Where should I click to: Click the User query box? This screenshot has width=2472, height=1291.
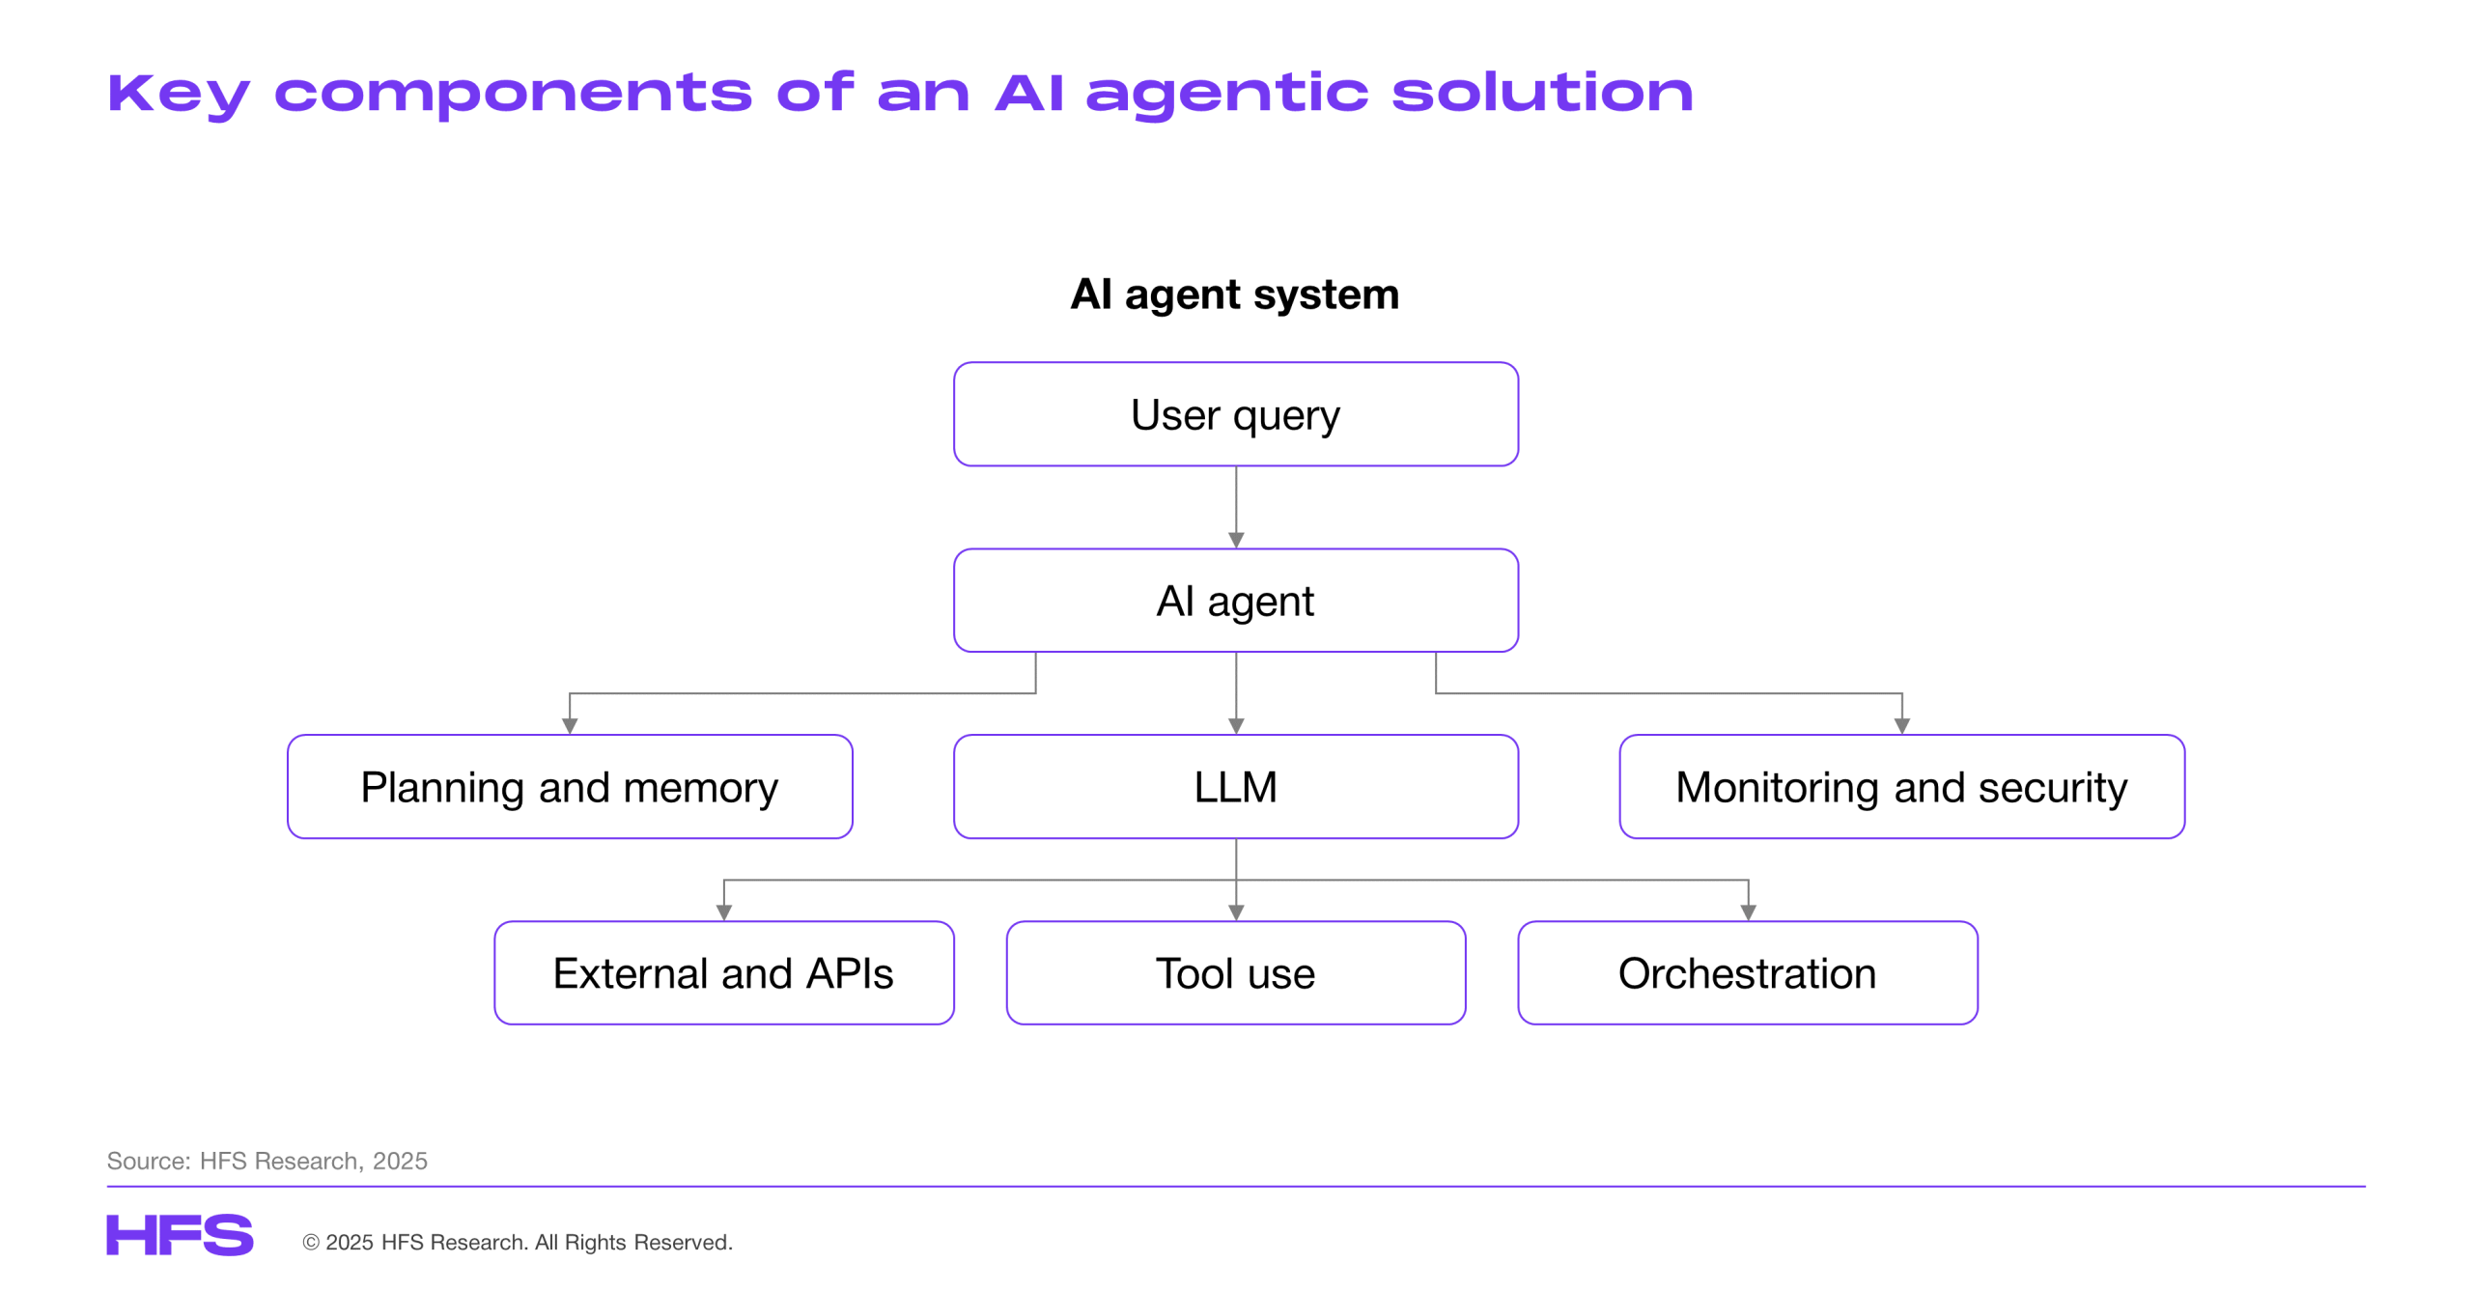[1235, 414]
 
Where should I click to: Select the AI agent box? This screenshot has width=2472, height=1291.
[1235, 601]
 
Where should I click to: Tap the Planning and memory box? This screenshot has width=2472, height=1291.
[570, 787]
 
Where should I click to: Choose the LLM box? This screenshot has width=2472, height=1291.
[1235, 787]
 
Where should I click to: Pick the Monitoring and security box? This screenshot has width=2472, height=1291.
[1901, 787]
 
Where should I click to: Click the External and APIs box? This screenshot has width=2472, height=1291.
[724, 973]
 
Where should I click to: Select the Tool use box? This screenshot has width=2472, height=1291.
[1235, 973]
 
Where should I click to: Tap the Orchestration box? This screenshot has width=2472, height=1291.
[1748, 973]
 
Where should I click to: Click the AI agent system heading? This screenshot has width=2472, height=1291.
[1235, 294]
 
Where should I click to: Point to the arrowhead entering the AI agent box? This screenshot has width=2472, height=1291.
[1236, 541]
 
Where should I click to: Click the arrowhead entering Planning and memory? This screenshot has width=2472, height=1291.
[570, 727]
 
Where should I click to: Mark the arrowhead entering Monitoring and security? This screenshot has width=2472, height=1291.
[1902, 727]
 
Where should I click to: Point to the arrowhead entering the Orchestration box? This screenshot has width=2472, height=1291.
[1748, 913]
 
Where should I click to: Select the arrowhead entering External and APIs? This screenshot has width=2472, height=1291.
[724, 913]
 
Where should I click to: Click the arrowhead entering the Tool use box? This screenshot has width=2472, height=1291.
[1236, 913]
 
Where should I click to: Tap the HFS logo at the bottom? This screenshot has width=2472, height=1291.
[180, 1235]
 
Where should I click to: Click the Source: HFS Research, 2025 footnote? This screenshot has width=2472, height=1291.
[267, 1161]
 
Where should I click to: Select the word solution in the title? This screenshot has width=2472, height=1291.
[1542, 93]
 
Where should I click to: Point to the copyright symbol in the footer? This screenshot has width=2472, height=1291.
[311, 1243]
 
